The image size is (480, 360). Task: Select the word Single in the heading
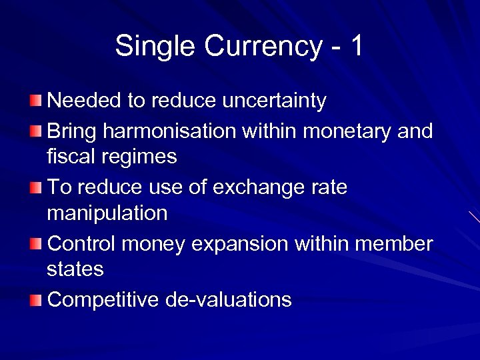pyautogui.click(x=156, y=47)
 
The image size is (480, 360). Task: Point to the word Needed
pyautogui.click(x=85, y=101)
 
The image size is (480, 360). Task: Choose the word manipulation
pyautogui.click(x=107, y=214)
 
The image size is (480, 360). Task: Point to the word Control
pyautogui.click(x=85, y=243)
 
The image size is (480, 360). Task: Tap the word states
pyautogui.click(x=75, y=270)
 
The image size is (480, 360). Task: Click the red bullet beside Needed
pyautogui.click(x=35, y=101)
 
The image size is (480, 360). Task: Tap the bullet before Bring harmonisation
pyautogui.click(x=35, y=131)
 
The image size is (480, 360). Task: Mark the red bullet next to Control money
pyautogui.click(x=35, y=244)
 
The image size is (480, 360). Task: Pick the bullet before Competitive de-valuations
pyautogui.click(x=35, y=300)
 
